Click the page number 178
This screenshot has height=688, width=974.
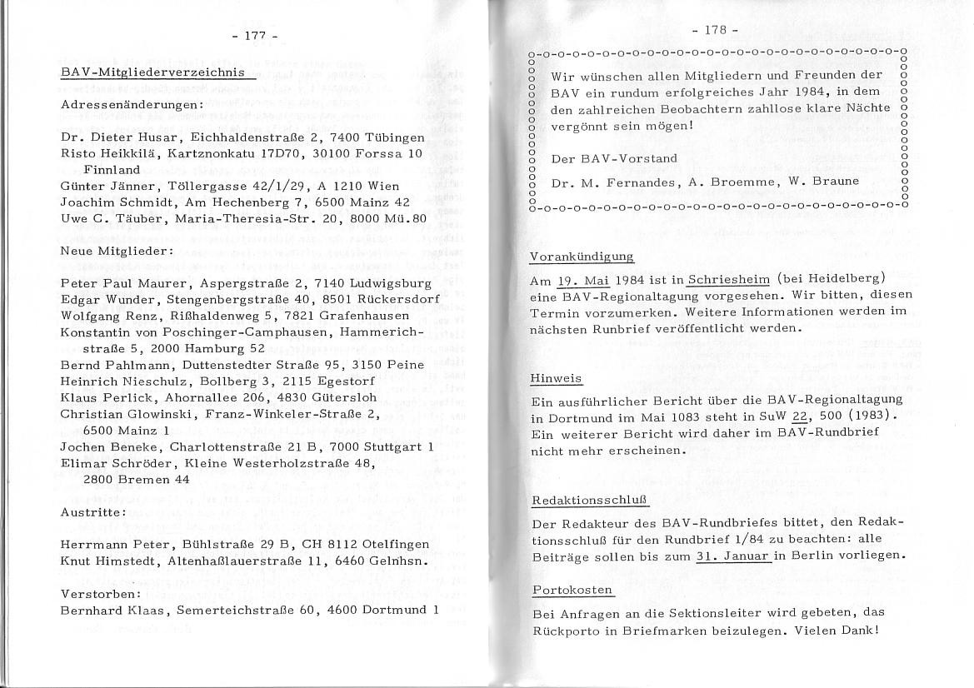point(716,30)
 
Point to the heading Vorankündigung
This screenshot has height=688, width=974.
point(582,257)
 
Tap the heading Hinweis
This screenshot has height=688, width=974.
point(556,378)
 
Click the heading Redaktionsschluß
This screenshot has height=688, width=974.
point(589,501)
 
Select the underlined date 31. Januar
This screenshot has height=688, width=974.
point(732,556)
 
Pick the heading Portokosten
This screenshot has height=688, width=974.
point(572,591)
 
